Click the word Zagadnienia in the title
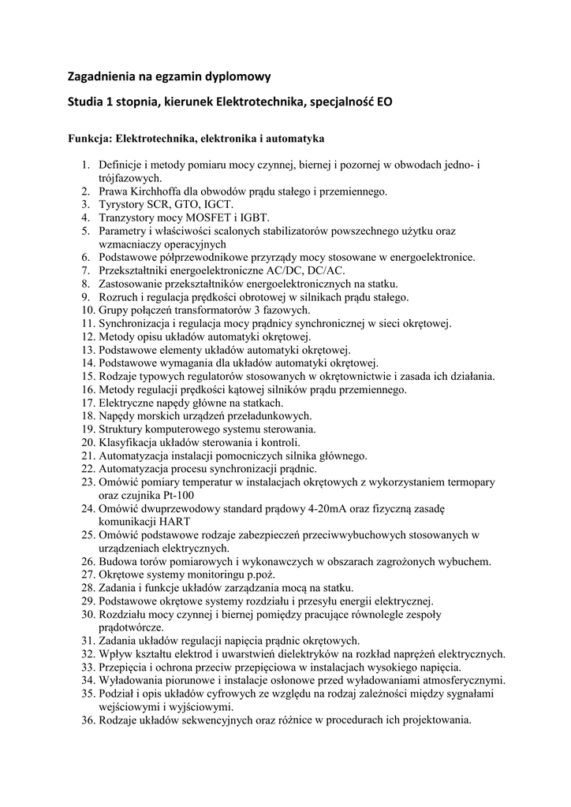click(103, 77)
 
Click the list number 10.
click(86, 311)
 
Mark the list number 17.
click(86, 403)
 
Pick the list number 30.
click(86, 615)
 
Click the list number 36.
click(86, 720)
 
